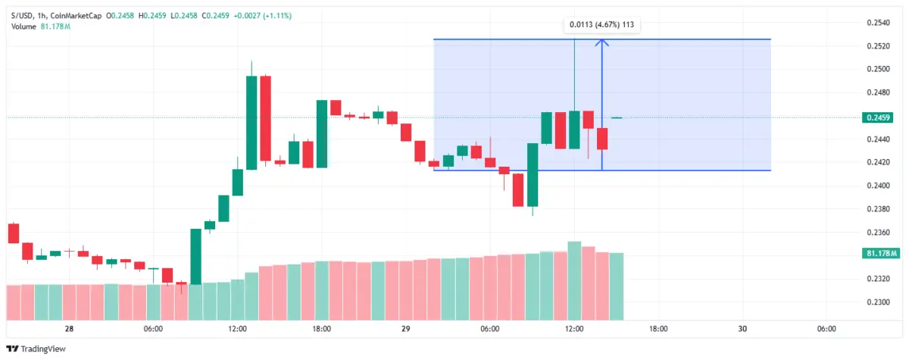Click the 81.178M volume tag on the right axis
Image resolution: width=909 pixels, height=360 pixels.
point(879,253)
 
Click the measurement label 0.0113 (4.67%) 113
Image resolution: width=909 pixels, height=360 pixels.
point(601,25)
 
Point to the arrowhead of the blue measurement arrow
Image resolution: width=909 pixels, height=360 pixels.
point(601,42)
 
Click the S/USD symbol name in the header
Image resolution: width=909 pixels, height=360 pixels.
point(23,15)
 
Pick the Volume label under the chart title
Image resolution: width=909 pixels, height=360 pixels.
point(24,27)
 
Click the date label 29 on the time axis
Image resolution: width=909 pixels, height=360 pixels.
point(405,329)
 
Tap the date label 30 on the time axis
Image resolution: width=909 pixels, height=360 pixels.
point(742,329)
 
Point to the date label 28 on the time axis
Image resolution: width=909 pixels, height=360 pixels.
point(68,329)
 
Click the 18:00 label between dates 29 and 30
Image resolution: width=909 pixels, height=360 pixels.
point(658,329)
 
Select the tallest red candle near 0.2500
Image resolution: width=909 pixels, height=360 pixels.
point(265,118)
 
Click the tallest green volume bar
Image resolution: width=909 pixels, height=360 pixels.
point(574,280)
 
